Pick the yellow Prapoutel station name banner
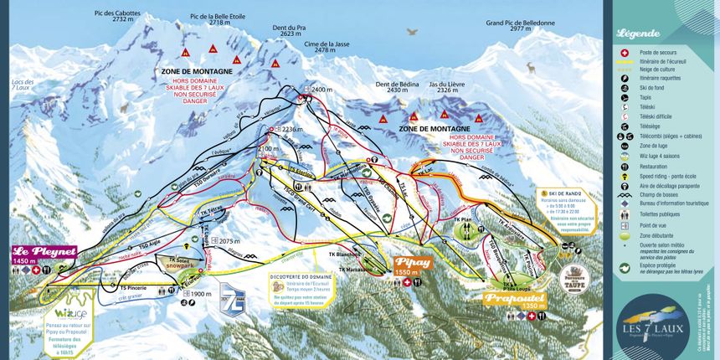[x=513, y=297]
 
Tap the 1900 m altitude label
[x=199, y=295]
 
